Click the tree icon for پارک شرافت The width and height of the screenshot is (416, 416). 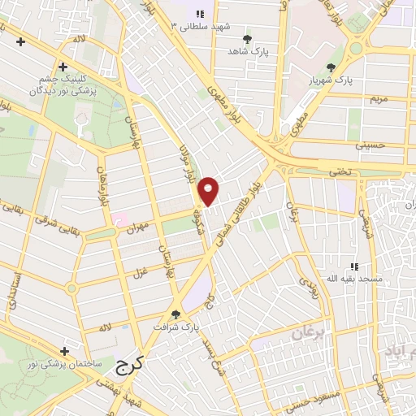(x=175, y=315)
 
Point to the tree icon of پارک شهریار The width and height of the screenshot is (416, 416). (x=330, y=67)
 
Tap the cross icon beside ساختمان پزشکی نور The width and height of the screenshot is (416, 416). (x=64, y=350)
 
